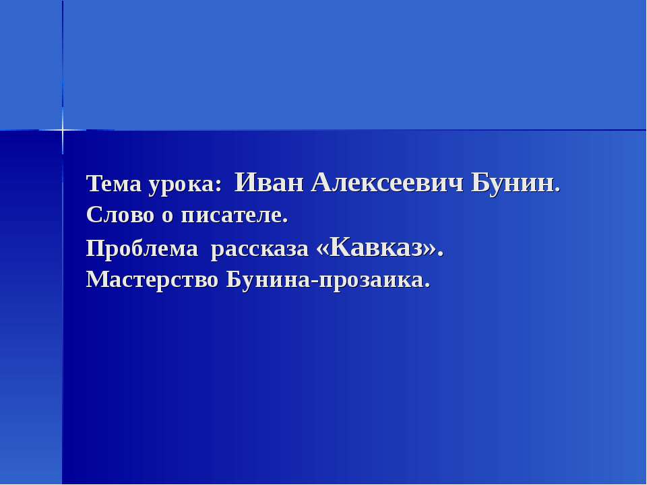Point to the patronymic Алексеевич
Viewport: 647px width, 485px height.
point(387,182)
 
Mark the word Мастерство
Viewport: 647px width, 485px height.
point(152,280)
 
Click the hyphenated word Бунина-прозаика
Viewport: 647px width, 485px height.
point(327,280)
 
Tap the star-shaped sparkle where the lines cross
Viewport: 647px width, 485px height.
point(63,129)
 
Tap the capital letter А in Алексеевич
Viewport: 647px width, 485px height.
point(322,181)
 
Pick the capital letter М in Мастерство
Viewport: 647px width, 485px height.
point(96,279)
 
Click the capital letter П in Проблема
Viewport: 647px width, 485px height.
point(94,249)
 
